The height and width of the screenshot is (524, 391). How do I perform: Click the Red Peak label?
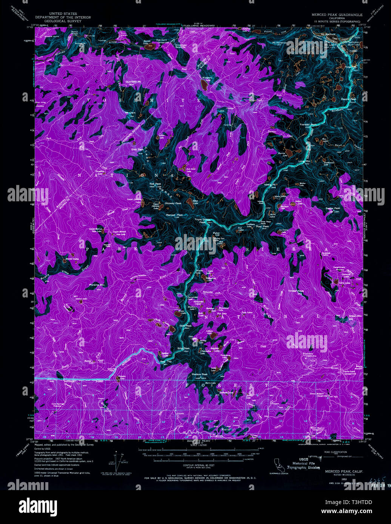tap(155, 184)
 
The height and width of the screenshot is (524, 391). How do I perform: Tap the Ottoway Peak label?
tap(173, 203)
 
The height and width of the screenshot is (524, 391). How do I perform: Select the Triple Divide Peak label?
tap(203, 221)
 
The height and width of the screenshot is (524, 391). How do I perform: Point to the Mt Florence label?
tap(280, 43)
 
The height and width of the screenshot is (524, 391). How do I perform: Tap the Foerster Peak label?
tap(308, 124)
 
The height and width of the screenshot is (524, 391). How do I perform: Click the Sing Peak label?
tap(183, 348)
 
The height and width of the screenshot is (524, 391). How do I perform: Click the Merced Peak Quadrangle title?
tap(337, 15)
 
